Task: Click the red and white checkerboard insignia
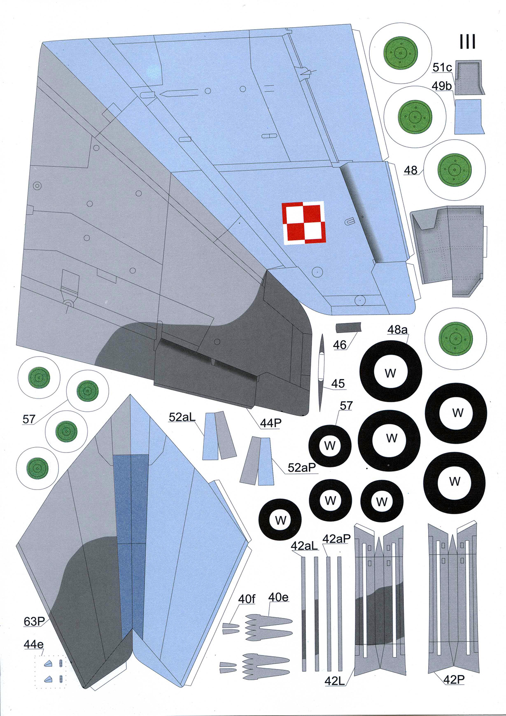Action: (x=304, y=223)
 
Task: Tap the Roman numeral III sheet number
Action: (x=468, y=42)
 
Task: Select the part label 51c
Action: (x=442, y=67)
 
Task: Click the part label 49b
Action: (x=442, y=86)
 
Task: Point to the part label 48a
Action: (x=397, y=329)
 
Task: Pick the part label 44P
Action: (x=270, y=423)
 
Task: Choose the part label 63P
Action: (x=34, y=621)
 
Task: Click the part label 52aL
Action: (x=182, y=417)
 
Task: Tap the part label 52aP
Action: (x=302, y=468)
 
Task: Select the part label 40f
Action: (x=247, y=599)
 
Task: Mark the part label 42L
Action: (x=334, y=681)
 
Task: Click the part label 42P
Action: (x=454, y=680)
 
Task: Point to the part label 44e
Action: (x=33, y=644)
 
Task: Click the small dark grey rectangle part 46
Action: (x=348, y=327)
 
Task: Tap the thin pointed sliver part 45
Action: (x=321, y=372)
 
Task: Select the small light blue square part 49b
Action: (x=469, y=117)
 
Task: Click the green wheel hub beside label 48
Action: (x=455, y=170)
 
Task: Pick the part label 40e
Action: (x=278, y=597)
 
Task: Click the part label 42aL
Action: (x=304, y=546)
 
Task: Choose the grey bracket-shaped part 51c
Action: (x=470, y=77)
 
